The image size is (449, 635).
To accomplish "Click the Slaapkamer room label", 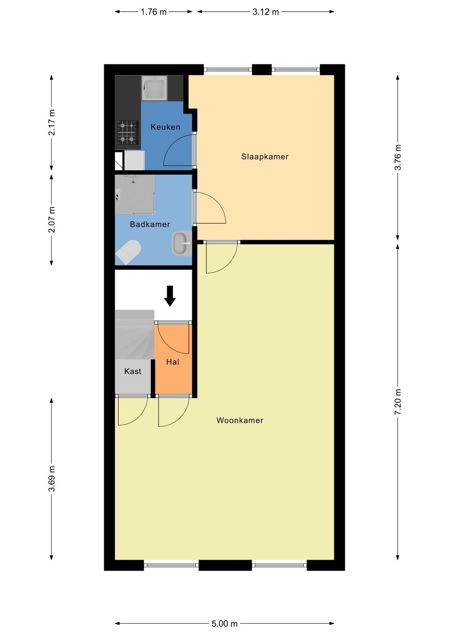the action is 264,156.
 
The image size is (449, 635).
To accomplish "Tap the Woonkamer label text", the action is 239,420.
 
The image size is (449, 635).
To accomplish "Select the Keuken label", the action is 165,127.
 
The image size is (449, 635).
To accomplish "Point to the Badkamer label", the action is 150,224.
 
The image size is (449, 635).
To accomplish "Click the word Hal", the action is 173,362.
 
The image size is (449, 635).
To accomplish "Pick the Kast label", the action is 133,371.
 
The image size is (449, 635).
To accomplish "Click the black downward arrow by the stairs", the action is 170,296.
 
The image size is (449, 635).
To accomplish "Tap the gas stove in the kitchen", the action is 128,132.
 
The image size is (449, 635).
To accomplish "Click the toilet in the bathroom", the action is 129,251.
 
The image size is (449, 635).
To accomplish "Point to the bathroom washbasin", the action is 182,243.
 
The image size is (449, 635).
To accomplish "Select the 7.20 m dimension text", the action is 398,402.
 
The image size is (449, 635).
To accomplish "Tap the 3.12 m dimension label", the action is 266,12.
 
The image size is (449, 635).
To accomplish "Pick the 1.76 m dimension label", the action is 153,12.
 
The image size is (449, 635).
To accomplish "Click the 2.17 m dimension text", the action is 52,122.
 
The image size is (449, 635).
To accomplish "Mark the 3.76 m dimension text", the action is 398,157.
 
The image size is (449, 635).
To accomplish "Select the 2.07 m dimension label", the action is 52,219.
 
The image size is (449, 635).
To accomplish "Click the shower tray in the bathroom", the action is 135,194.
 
